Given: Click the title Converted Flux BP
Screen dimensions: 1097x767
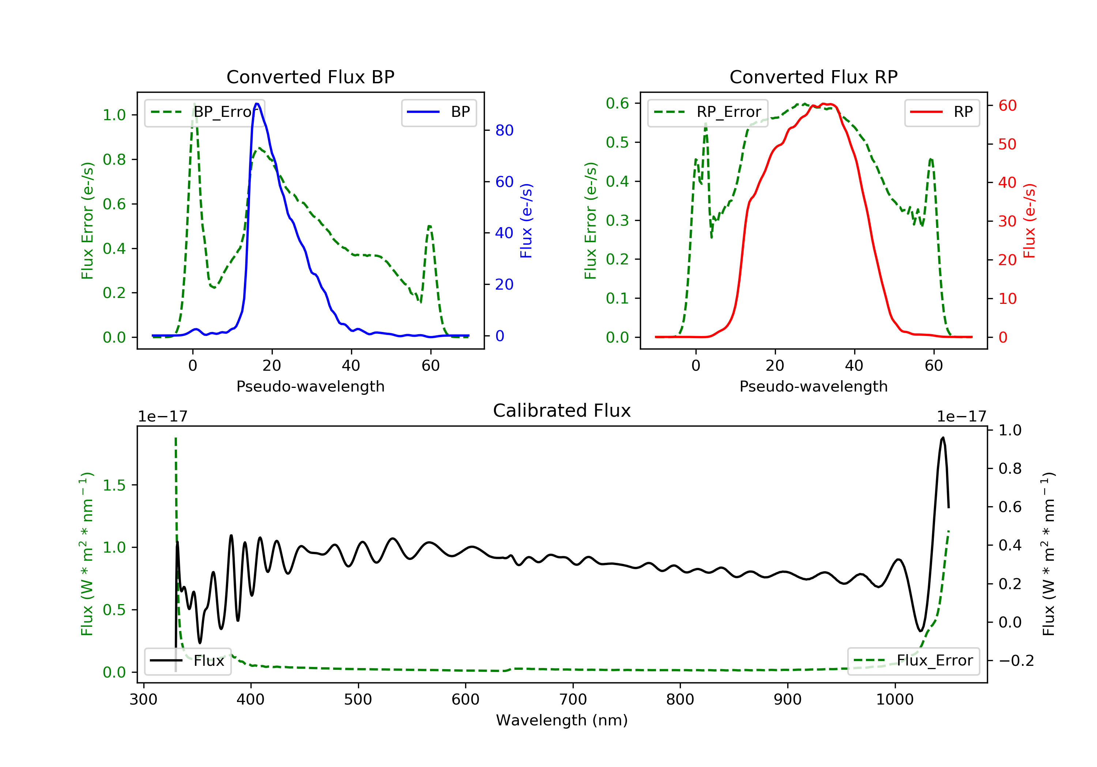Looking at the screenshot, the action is (310, 77).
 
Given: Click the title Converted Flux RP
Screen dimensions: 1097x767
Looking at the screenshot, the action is (814, 77).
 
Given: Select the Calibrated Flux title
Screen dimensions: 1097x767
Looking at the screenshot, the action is (562, 411).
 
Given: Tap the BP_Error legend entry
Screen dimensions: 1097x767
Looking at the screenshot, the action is (204, 112).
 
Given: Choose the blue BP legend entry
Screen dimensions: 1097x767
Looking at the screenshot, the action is (438, 112).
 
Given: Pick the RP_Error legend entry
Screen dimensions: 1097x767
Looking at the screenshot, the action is (708, 112).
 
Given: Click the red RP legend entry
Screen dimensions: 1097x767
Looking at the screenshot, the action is (942, 112).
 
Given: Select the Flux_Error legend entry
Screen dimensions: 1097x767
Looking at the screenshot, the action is (913, 661).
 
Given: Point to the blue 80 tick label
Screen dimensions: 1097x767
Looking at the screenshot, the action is (504, 130).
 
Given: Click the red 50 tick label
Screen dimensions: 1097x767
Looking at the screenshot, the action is (1007, 144).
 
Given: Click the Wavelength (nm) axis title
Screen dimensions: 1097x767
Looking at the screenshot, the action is (562, 720).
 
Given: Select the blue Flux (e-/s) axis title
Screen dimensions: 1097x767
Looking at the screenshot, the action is (526, 221).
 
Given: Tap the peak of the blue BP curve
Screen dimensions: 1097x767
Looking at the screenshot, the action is (257, 104).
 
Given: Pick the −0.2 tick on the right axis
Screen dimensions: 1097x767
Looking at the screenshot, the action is (1016, 661).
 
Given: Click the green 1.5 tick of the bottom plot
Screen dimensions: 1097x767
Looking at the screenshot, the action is (114, 485).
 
